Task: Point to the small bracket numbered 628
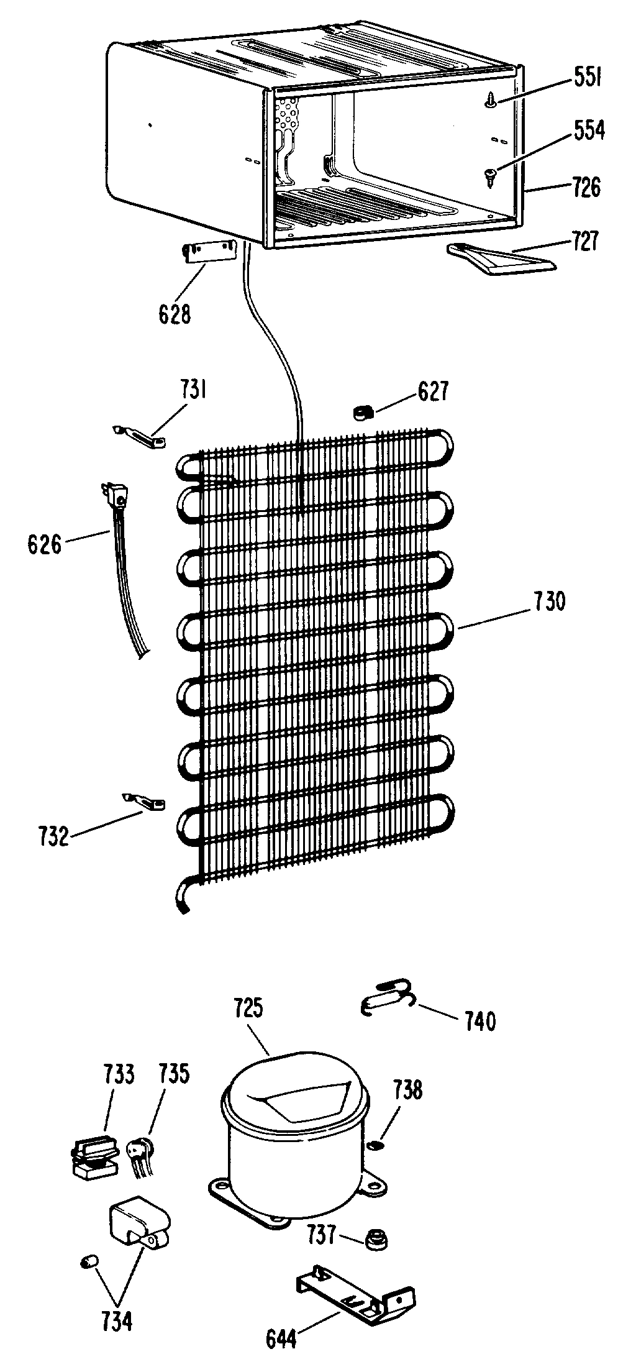pyautogui.click(x=209, y=253)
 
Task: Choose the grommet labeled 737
pyautogui.click(x=375, y=1236)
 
